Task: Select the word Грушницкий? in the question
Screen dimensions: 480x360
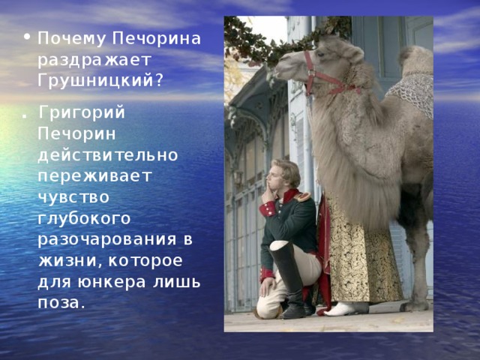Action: (100, 81)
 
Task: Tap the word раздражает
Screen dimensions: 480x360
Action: (94, 61)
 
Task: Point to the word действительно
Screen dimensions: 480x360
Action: (108, 155)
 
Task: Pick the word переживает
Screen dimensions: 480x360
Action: (95, 176)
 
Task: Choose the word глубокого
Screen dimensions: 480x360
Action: (84, 218)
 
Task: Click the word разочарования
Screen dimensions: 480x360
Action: (106, 240)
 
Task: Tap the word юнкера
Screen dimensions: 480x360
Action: (112, 282)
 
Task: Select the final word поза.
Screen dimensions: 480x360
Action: (61, 303)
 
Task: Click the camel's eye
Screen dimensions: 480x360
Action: (320, 54)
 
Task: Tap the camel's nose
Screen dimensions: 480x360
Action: (277, 68)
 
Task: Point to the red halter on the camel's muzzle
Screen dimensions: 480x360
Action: (328, 76)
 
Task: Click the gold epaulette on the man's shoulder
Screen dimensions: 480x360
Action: (301, 196)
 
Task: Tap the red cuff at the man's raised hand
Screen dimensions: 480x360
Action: (268, 209)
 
